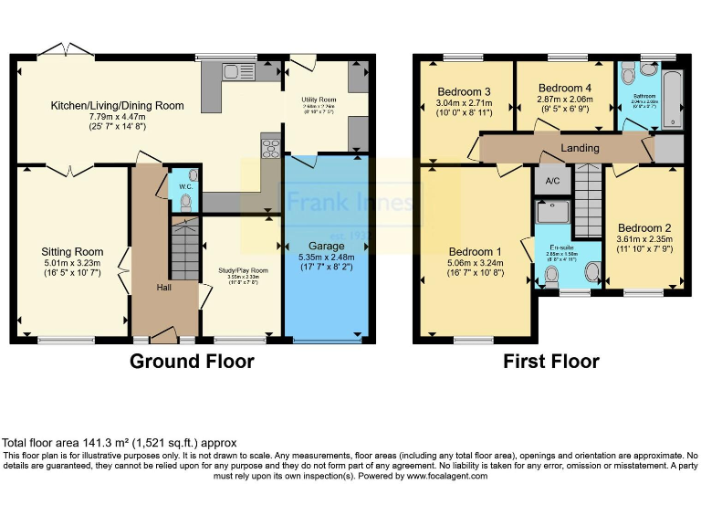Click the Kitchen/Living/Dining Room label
[117, 106]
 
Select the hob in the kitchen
[271, 148]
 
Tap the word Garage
[327, 247]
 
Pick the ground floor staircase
[185, 247]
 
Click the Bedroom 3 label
[464, 92]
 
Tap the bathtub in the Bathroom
[674, 98]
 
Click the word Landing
[580, 148]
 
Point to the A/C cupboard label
[551, 180]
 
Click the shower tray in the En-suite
[551, 212]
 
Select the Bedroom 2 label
[643, 228]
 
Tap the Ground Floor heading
[192, 362]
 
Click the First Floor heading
[551, 362]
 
